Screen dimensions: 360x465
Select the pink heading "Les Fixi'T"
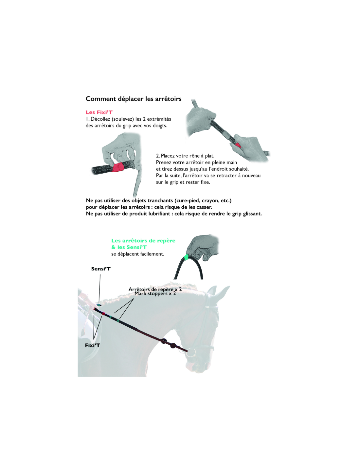[99, 112]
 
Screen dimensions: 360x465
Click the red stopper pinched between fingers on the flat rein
[118, 167]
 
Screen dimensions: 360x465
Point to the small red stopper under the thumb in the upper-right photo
[238, 145]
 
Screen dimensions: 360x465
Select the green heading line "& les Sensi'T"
[129, 247]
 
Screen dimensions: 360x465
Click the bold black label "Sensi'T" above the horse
[101, 269]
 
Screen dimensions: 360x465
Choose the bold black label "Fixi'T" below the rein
[92, 345]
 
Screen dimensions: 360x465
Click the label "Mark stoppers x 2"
[155, 294]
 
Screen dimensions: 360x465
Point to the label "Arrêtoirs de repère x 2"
[155, 289]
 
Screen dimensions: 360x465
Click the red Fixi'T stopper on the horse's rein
[103, 314]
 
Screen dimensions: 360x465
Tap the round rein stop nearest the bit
[172, 345]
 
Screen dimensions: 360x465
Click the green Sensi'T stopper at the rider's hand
[99, 304]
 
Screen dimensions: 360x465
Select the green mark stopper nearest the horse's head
[118, 320]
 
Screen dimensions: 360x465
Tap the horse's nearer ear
[212, 291]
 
